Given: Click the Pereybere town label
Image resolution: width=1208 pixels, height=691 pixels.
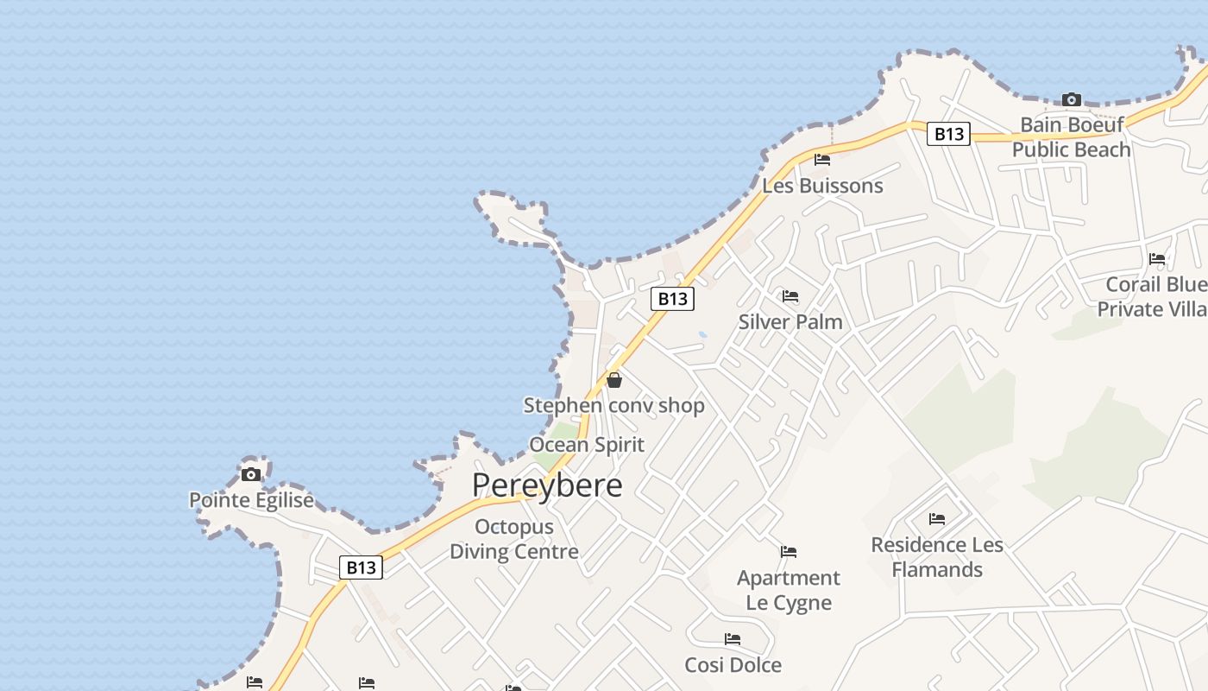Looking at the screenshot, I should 547,485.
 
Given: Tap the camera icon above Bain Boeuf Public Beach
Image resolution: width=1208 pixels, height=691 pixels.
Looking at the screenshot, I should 1072,100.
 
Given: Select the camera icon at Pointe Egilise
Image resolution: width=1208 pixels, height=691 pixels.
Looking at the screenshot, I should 251,474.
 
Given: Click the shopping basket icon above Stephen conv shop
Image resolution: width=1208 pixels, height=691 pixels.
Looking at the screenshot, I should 614,380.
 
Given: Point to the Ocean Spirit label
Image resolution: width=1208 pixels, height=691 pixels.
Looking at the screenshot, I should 587,445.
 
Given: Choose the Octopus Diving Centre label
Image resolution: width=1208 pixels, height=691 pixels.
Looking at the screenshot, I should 514,539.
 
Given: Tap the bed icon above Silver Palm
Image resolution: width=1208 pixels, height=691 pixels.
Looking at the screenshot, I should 790,297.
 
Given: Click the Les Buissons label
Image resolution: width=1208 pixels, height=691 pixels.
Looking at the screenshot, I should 822,186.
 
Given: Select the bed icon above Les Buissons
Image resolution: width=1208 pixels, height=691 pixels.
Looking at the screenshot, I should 822,160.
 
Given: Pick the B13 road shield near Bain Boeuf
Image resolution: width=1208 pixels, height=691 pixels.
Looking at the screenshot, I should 948,134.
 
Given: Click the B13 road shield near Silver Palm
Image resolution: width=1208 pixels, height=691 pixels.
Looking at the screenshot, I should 672,299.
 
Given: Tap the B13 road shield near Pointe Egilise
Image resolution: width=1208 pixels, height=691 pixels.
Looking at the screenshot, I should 361,567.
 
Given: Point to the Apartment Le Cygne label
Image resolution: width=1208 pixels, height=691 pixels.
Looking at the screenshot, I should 789,590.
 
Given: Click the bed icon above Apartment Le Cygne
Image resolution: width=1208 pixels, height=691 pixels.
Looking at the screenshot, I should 789,552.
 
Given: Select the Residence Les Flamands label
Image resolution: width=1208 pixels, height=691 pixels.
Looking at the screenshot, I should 937,557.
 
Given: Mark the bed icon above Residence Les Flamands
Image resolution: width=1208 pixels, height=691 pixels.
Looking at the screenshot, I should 937,519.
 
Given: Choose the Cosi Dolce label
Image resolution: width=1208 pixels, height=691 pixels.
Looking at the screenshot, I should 733,665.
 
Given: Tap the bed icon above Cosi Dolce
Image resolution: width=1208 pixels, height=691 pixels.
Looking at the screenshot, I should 733,640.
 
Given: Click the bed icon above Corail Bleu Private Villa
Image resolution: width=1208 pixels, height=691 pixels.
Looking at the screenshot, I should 1157,259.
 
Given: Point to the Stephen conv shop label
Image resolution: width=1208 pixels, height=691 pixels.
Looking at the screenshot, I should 614,405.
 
